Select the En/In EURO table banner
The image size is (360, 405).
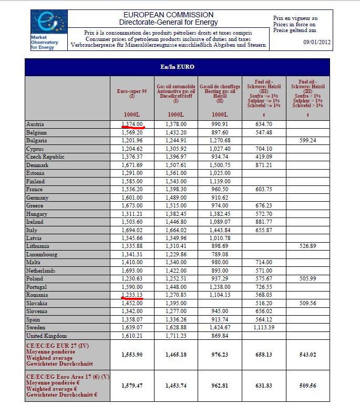click(177, 67)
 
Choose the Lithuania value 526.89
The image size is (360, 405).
click(307, 246)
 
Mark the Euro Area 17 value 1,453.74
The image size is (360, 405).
click(176, 386)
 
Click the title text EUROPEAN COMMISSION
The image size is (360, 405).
click(168, 15)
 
